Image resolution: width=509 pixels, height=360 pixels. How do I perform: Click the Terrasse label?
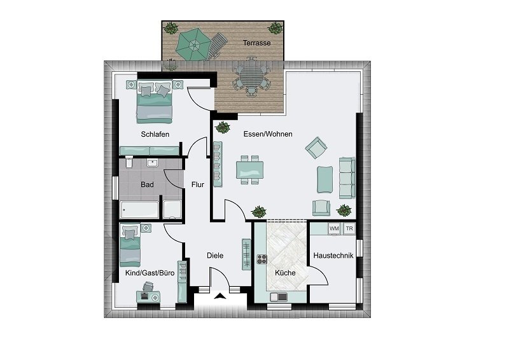coord(257,43)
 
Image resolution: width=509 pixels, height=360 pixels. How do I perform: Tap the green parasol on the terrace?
coord(193,45)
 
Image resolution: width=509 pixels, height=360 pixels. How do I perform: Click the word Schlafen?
coord(155,134)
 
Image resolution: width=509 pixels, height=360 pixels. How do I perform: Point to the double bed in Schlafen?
coord(154,102)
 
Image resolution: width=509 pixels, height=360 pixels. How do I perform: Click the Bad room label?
coord(147,184)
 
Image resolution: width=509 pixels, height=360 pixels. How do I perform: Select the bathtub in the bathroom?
coord(139,210)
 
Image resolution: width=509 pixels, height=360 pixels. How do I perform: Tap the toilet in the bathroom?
coord(129,162)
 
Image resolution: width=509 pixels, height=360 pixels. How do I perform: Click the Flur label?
coord(198,184)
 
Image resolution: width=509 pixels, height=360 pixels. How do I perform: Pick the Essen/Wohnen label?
coord(268,134)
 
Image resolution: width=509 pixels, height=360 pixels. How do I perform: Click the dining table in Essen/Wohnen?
coord(249,170)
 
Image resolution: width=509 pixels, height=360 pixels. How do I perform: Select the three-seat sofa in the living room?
coord(347,178)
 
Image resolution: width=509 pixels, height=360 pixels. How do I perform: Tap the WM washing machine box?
coord(334,228)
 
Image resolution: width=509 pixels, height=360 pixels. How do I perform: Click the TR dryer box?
coord(349,228)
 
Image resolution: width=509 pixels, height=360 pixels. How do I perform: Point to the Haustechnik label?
coord(333,256)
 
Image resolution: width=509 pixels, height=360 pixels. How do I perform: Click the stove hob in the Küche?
coord(262,259)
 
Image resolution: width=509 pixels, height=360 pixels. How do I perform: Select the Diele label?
coord(215,256)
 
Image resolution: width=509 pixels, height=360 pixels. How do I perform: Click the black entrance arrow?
coord(220,296)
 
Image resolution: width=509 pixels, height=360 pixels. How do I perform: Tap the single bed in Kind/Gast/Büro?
coord(130,244)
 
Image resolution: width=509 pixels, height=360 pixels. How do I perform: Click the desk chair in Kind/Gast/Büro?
coord(148,286)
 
